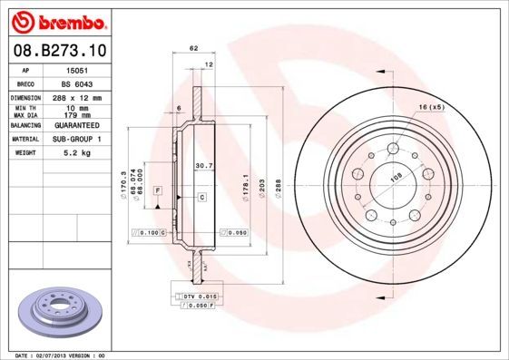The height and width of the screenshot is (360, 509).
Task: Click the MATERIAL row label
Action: coord(24,141)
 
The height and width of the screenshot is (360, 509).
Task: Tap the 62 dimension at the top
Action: coord(193,47)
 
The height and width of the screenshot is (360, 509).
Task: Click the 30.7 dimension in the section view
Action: coord(204,166)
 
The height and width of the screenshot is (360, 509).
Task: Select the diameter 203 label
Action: coord(263,187)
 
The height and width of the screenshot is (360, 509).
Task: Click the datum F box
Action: coord(157,190)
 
